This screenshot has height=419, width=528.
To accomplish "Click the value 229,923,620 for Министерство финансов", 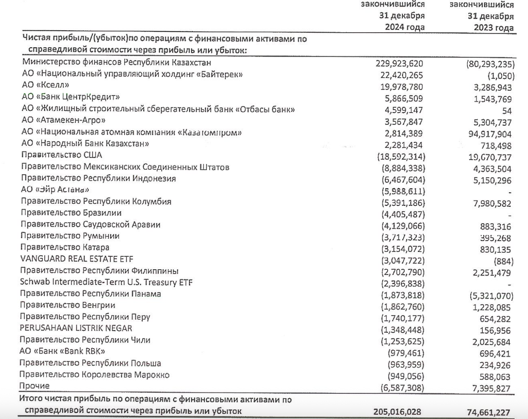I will tap(399, 63).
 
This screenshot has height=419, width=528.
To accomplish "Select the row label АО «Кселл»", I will tap(46, 85).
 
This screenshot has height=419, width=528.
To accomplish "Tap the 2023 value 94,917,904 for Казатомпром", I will tap(490, 134).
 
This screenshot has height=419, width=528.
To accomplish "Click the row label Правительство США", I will tap(62, 155).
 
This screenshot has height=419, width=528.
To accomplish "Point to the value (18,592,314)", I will tap(401, 157).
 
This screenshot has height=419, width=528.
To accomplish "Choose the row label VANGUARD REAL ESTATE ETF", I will tap(77, 259).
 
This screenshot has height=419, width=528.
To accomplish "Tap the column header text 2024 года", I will tap(405, 28).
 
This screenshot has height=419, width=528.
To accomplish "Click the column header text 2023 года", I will tap(493, 28).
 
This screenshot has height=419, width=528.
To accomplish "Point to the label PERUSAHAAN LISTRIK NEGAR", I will tap(76, 328).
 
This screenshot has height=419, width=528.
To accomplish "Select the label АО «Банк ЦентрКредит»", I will tap(71, 97).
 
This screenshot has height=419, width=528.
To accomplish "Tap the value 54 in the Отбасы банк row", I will tap(507, 111).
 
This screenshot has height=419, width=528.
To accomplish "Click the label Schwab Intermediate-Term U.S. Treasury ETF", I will tap(106, 282).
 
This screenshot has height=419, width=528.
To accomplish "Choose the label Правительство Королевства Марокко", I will tap(94, 375).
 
